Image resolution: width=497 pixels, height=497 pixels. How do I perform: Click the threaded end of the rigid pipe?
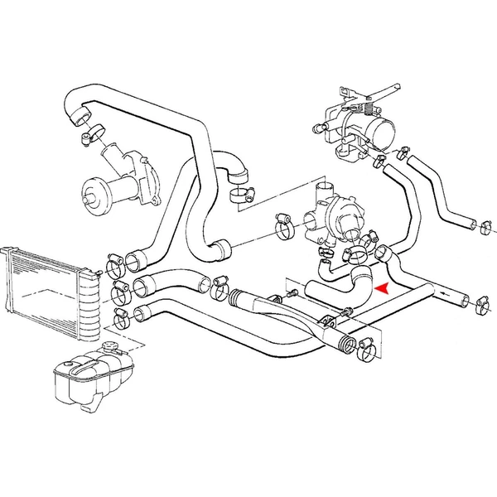(344, 341)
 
